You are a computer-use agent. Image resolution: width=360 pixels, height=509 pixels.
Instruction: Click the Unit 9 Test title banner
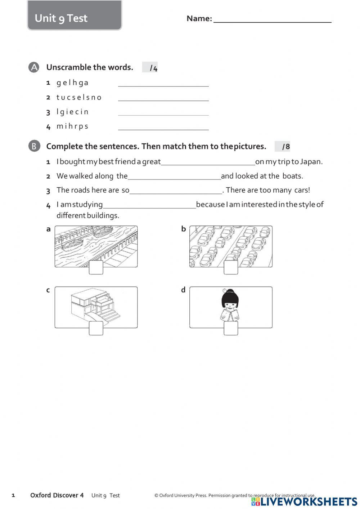[x=75, y=16]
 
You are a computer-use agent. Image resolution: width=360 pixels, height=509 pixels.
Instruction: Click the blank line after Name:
[x=272, y=19]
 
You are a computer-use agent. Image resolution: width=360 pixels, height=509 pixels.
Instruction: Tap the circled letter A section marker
[x=34, y=67]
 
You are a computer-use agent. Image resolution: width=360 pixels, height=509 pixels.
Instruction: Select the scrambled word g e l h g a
[x=72, y=83]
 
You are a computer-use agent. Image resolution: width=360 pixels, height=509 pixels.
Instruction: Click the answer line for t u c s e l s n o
[x=163, y=98]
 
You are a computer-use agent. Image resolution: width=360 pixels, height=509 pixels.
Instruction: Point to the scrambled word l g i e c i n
[x=72, y=112]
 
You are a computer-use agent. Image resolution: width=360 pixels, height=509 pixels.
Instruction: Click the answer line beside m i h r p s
[x=163, y=126]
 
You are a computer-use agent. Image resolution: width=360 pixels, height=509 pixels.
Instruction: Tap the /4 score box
[x=150, y=68]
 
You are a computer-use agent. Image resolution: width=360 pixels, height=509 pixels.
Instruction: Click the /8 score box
[x=283, y=147]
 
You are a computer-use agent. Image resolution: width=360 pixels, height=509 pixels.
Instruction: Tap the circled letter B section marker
[x=34, y=146]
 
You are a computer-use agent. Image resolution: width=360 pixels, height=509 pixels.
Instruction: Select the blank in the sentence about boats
[x=174, y=176]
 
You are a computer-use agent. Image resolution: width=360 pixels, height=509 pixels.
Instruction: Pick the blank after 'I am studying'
[x=149, y=205]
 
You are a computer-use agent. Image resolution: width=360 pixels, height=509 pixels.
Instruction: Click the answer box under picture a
[x=96, y=268]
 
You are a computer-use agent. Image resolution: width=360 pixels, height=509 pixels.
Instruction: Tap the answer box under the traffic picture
[x=231, y=268]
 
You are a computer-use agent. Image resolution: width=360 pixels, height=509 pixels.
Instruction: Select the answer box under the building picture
[x=96, y=328]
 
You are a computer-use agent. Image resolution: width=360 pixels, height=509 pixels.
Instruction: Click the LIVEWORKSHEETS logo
[x=305, y=501]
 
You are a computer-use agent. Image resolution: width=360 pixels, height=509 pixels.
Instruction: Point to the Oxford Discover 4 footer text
[x=57, y=495]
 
